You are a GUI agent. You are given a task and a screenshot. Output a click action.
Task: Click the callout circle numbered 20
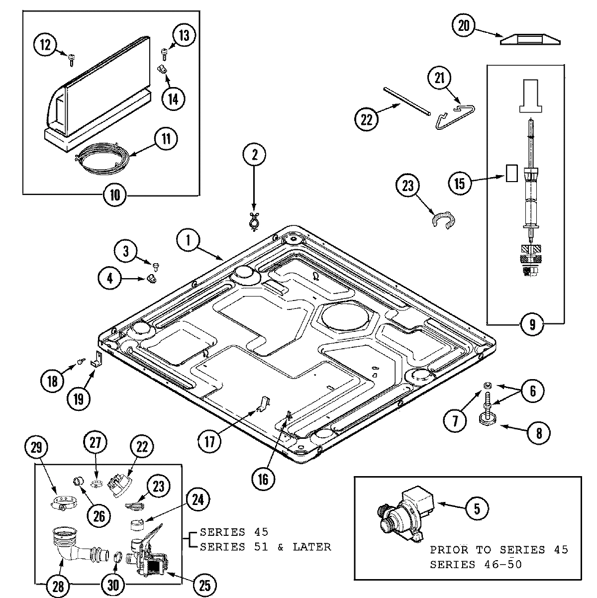click(464, 26)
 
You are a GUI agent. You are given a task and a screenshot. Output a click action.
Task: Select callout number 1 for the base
click(189, 241)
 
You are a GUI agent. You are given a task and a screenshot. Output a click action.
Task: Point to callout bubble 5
click(476, 507)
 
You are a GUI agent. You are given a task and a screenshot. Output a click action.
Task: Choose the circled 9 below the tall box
click(532, 325)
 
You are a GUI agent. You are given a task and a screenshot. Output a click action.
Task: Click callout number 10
click(114, 195)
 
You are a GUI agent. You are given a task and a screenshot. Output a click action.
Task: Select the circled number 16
click(263, 479)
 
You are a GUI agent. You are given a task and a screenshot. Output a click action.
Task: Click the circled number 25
click(204, 586)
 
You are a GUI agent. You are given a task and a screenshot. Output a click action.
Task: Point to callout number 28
click(58, 586)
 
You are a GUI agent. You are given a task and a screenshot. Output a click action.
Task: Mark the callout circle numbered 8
click(539, 433)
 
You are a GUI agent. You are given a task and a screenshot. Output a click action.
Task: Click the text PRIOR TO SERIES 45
click(499, 550)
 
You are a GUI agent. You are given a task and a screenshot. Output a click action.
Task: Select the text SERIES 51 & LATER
click(265, 547)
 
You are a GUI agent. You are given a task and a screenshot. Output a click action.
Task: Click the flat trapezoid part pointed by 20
click(531, 39)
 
